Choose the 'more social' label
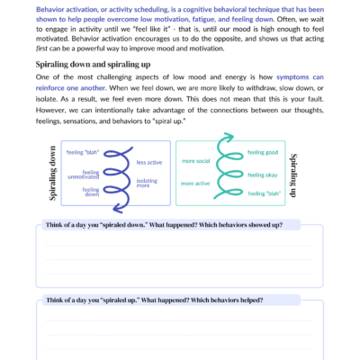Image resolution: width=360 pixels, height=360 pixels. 195,162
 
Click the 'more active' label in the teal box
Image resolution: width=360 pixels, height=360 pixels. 195,183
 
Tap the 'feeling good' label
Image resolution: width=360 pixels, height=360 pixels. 262,153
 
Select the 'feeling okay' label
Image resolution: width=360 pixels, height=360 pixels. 262,174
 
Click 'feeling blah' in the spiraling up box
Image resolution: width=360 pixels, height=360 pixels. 262,193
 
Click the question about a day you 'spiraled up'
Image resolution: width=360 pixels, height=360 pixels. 156,298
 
